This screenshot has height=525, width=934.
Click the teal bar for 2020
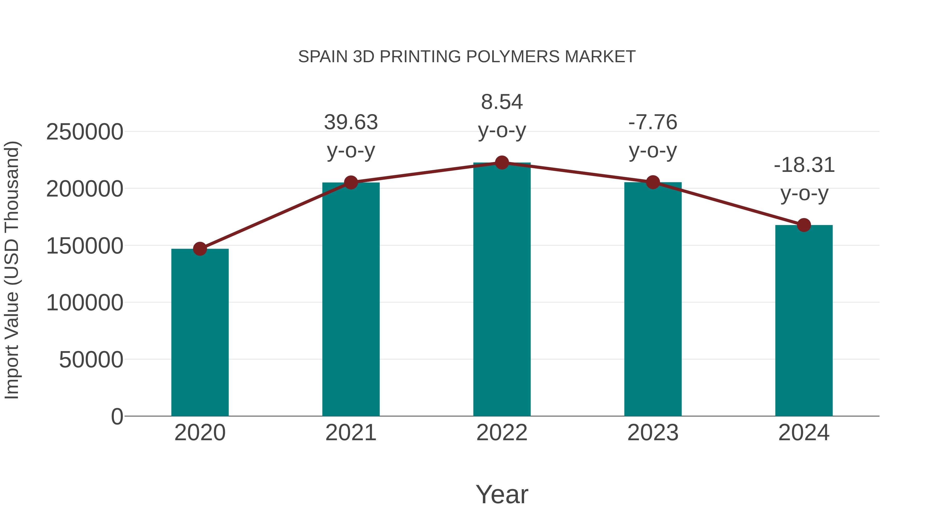point(200,332)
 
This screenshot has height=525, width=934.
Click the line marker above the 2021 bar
point(351,183)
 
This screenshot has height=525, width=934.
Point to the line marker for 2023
point(653,182)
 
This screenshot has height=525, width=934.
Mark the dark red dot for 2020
point(200,249)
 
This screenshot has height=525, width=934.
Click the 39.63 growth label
point(351,122)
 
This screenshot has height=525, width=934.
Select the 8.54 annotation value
point(502,102)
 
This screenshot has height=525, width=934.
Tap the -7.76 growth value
point(653,122)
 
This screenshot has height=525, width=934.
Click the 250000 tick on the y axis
point(85,132)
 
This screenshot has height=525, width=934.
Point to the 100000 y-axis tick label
point(85,303)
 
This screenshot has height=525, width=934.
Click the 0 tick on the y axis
point(117,417)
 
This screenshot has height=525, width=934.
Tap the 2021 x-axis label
point(351,433)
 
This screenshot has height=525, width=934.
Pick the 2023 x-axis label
point(653,433)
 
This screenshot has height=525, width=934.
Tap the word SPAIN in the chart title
point(323,57)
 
